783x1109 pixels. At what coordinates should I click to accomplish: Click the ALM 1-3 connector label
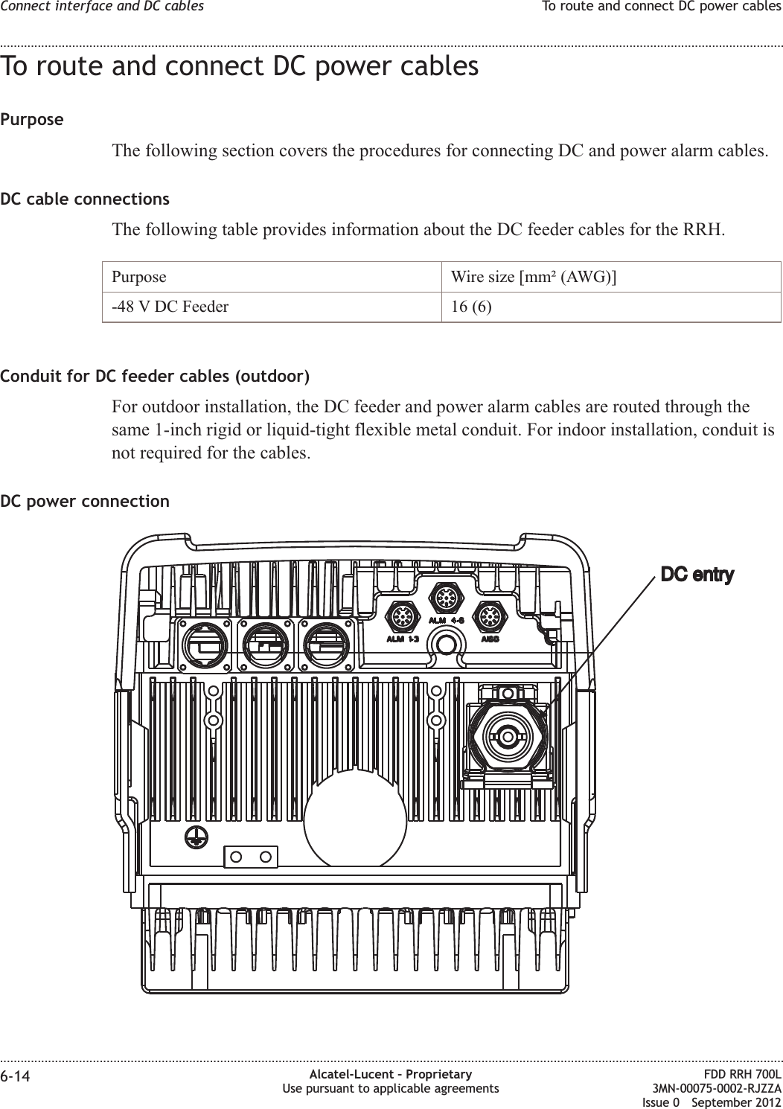401,639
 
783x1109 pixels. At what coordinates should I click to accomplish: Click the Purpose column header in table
139,278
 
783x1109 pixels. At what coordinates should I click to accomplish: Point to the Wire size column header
533,278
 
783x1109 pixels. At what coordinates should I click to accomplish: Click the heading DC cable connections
85,199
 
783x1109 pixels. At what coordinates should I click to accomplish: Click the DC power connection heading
85,501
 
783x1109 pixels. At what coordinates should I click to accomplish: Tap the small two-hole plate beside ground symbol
251,857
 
